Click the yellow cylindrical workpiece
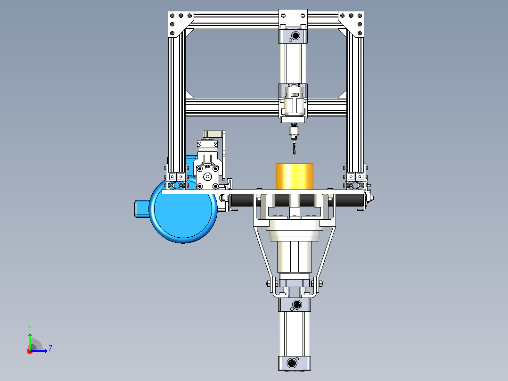click(x=294, y=177)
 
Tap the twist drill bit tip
click(x=294, y=154)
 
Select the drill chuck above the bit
click(x=294, y=133)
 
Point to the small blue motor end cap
click(x=141, y=209)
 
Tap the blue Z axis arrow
click(x=39, y=351)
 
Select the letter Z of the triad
click(x=50, y=348)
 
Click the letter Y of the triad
click(x=30, y=328)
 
